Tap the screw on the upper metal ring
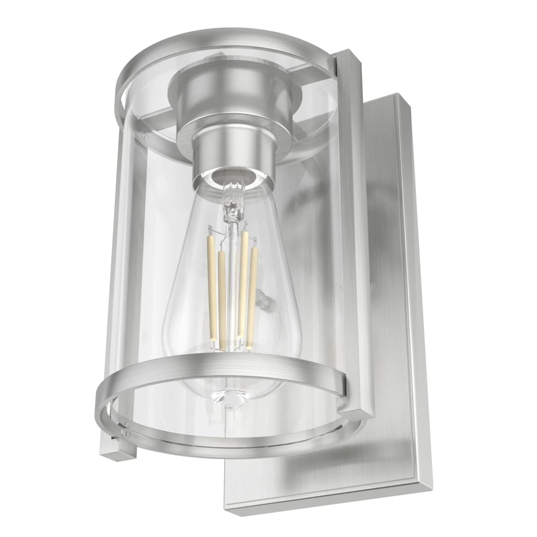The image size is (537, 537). click(145, 136)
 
